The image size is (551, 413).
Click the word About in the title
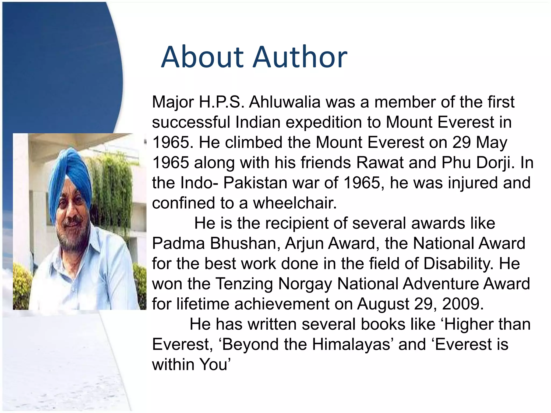coord(202,57)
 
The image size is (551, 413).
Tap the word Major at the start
coord(173,102)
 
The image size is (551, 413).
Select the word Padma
coord(178,243)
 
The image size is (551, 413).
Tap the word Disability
coord(459,264)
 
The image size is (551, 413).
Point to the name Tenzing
coord(244,284)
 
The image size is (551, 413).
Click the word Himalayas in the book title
coord(351,344)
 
